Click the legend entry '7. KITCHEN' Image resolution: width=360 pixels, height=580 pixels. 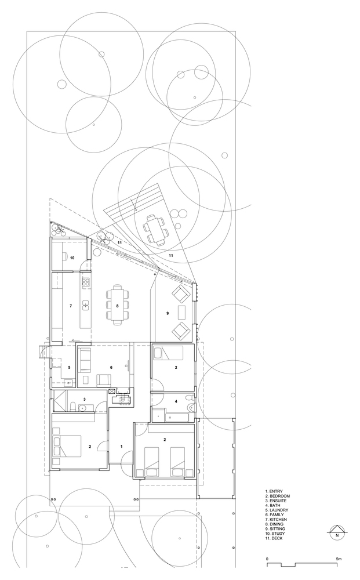coord(276,519)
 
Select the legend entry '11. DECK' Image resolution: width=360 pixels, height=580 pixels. coord(274,538)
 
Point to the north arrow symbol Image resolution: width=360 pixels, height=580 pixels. coord(337,531)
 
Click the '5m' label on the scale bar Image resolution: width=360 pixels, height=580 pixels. coord(339,548)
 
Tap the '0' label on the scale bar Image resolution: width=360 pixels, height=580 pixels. coord(267,548)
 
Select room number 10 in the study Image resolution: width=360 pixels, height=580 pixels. coord(72,258)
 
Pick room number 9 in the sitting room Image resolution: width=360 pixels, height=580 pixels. coord(168,313)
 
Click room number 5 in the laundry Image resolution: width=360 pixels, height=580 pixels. coord(69,367)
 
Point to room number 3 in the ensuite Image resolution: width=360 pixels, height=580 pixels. coord(85,399)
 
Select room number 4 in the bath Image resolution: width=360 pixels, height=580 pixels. coord(176,401)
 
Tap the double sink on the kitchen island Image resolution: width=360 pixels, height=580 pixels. coord(86,304)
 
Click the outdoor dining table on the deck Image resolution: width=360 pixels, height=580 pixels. coord(155,229)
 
